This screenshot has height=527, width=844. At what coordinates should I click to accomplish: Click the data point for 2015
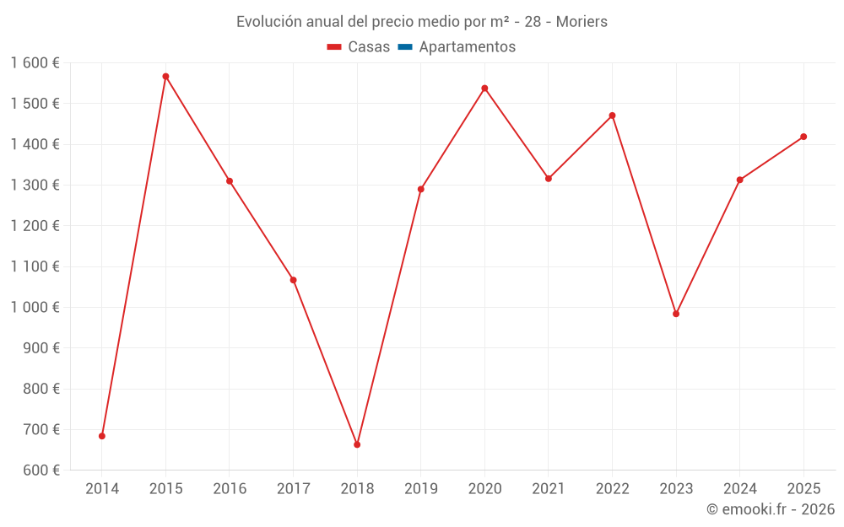[x=165, y=77]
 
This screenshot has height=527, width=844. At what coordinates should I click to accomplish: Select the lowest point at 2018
[x=357, y=444]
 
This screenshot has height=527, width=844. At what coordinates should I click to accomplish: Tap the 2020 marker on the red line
[x=484, y=89]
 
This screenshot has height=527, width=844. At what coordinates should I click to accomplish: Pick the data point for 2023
[x=676, y=314]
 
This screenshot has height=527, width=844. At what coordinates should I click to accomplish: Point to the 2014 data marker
[x=102, y=436]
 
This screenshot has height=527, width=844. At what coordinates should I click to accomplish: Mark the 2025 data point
[x=803, y=137]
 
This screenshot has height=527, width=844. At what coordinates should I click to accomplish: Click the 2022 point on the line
[x=612, y=116]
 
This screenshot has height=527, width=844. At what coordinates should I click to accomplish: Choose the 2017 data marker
[x=293, y=280]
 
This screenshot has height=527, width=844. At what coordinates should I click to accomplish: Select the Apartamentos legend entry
[x=467, y=47]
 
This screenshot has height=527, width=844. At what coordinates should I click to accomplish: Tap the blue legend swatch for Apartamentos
[x=404, y=47]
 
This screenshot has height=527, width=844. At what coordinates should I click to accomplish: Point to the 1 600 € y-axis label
[x=35, y=63]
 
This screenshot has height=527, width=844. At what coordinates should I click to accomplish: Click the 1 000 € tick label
[x=35, y=308]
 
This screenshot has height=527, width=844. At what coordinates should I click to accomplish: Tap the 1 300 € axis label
[x=35, y=186]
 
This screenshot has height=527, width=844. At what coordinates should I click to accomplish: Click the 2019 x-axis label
[x=421, y=489]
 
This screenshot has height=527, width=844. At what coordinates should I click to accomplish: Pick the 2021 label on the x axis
[x=549, y=489]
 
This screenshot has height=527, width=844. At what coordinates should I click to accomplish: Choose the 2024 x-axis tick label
[x=740, y=489]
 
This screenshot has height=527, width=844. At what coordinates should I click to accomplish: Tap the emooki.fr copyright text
[x=770, y=509]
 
